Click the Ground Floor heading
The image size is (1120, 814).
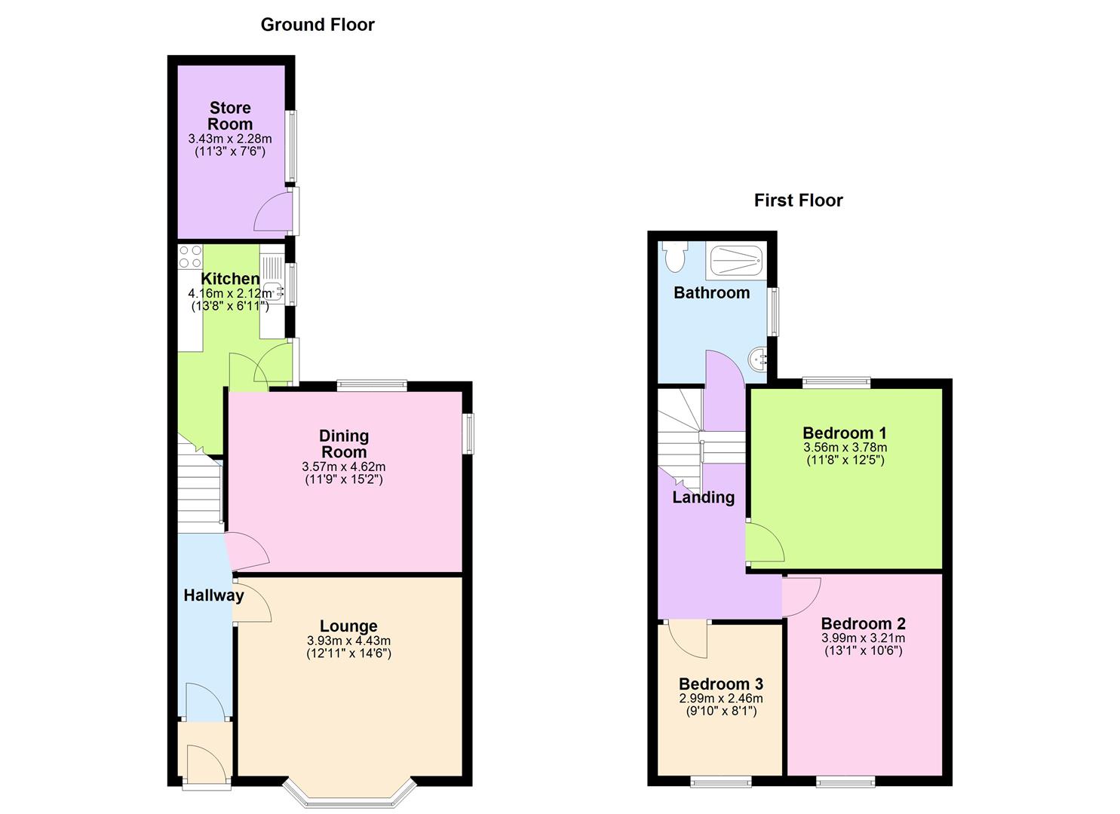318,25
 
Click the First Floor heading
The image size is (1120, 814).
798,200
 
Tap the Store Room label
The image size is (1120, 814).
230,116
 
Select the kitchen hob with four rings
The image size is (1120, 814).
190,256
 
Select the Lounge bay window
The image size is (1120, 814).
350,795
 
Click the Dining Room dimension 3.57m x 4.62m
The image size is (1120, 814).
343,467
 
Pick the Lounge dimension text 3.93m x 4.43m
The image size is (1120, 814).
348,641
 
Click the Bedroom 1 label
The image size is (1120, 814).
844,433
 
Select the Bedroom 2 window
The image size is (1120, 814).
845,782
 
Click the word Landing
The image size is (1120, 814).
703,497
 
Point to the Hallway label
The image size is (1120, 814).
213,595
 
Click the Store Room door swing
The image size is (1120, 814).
273,213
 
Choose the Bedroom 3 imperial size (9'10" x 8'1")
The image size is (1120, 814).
721,711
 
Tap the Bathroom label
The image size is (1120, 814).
711,292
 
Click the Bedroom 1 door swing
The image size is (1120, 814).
763,543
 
